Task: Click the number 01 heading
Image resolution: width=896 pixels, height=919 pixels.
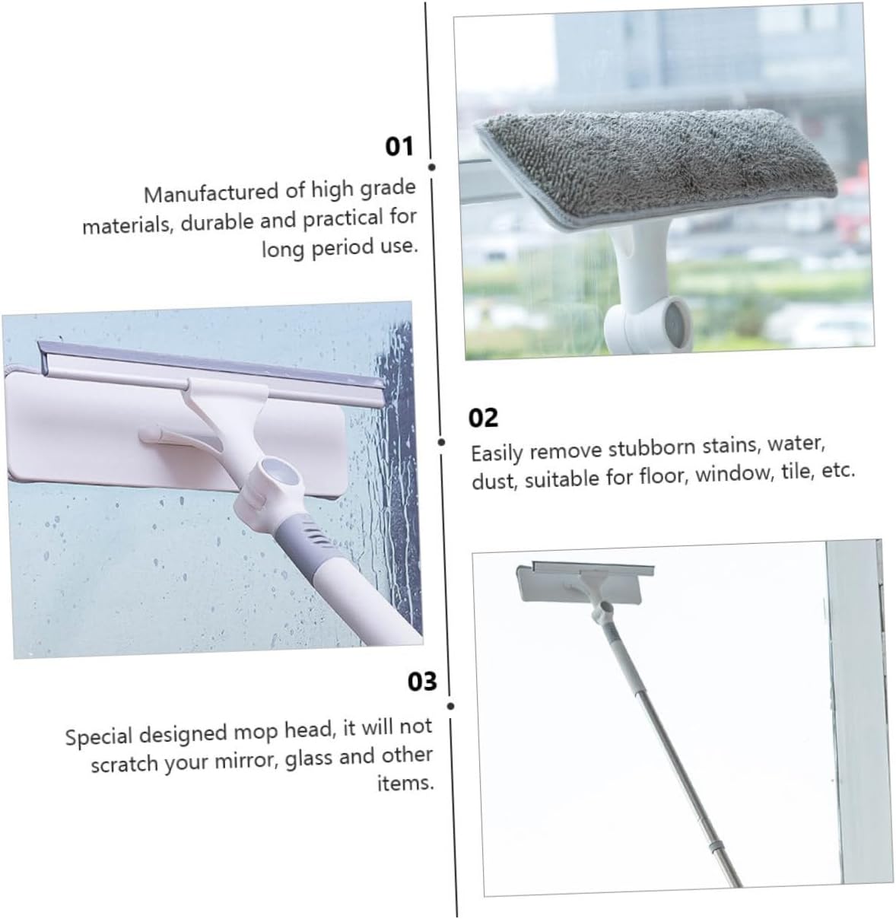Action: pos(399,145)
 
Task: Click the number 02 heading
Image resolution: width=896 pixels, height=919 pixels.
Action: pos(483,418)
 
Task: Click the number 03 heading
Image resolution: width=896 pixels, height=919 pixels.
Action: pos(422,681)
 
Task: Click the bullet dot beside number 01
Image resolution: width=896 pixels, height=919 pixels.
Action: pos(432,167)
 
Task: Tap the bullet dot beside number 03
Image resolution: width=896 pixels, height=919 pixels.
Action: pos(450,706)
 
